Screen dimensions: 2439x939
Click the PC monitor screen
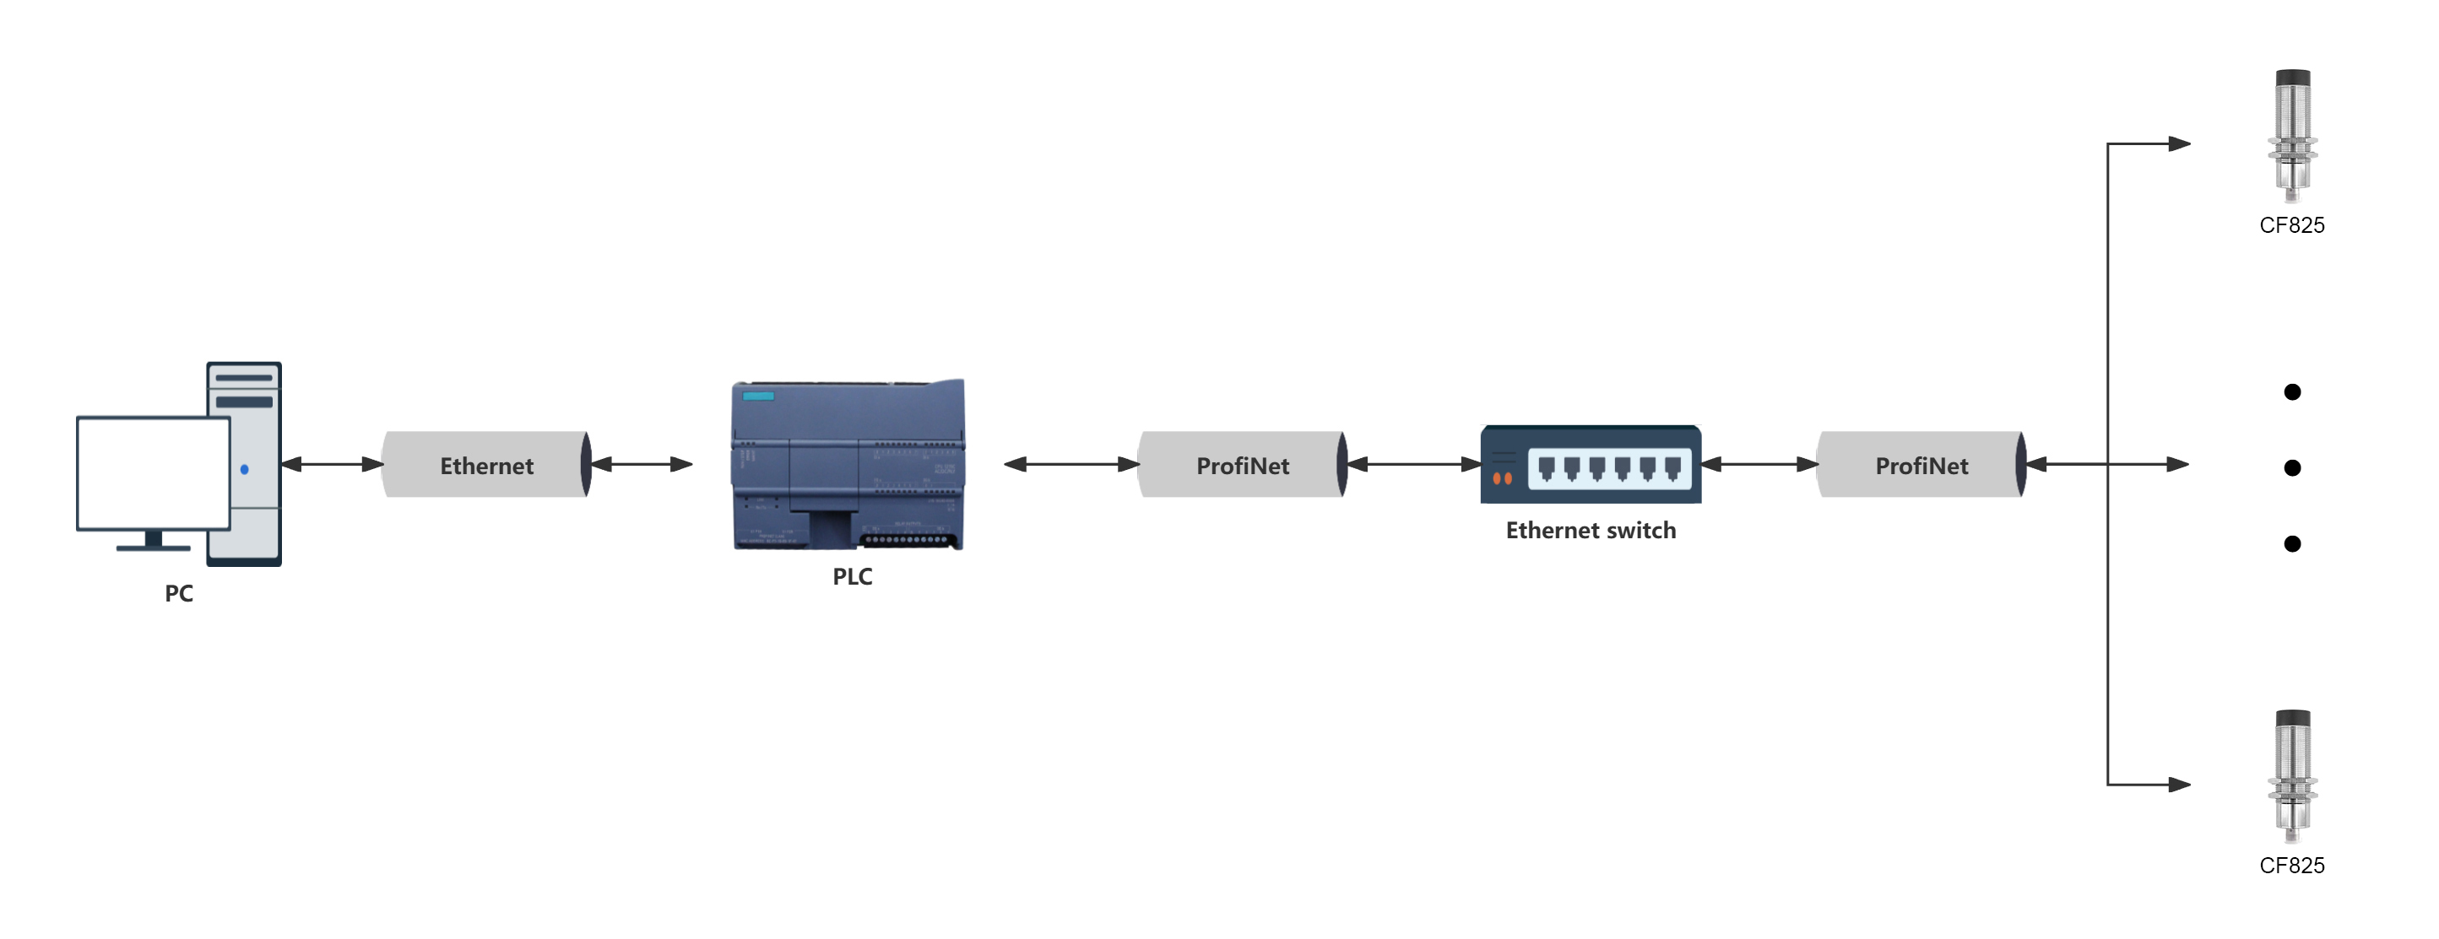(154, 472)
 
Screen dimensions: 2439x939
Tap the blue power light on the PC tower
(244, 468)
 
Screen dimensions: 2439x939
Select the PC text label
(179, 593)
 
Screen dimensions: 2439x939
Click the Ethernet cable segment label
(486, 466)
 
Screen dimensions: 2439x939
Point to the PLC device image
(848, 464)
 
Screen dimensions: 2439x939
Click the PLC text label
(852, 576)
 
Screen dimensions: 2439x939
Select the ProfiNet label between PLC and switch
(1242, 466)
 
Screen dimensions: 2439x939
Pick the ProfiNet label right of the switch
(1921, 466)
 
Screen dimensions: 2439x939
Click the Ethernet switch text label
(1591, 530)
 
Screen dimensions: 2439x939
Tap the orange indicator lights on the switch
(1503, 478)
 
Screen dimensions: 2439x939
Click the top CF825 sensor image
(2292, 135)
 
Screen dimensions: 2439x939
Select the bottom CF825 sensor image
(2292, 776)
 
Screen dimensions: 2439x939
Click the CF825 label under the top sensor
(2291, 225)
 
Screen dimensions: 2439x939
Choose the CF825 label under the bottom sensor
(2291, 865)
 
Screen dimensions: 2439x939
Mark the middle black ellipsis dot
(2292, 467)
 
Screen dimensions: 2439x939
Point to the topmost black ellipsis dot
(2292, 391)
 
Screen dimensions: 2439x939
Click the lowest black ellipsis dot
(2292, 543)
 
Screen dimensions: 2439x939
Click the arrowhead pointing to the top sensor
(2179, 144)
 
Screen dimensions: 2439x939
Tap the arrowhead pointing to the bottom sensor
(2179, 785)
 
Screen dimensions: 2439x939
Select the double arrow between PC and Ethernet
(333, 464)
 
